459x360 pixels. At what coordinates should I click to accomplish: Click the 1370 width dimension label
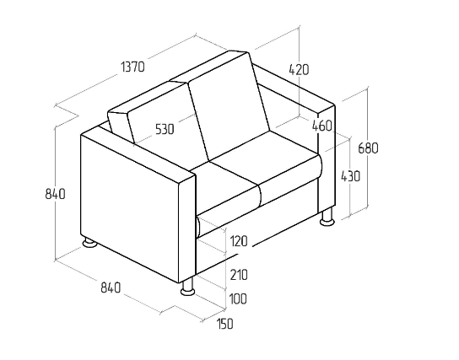tap(133, 67)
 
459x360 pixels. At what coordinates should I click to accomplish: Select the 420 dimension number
tap(299, 70)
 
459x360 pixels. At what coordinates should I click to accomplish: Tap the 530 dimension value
tap(165, 129)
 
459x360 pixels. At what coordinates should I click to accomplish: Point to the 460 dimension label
tap(322, 126)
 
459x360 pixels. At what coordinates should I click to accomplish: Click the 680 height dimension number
tap(368, 148)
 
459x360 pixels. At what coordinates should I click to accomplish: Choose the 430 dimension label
tap(350, 176)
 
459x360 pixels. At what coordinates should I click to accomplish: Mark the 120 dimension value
tap(239, 241)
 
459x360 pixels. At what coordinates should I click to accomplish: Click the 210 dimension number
tap(239, 275)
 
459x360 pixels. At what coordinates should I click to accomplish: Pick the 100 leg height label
tap(238, 299)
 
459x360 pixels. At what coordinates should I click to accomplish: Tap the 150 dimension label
tap(224, 324)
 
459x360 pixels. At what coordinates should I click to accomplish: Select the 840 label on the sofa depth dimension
tap(111, 287)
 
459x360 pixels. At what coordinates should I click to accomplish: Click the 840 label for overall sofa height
tap(56, 194)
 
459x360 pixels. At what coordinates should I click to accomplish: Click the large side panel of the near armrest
tap(129, 208)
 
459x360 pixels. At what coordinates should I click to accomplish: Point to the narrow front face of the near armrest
tap(187, 228)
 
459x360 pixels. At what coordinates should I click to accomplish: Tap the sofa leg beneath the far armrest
tap(327, 217)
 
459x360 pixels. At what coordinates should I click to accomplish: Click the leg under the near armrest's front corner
tap(188, 287)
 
